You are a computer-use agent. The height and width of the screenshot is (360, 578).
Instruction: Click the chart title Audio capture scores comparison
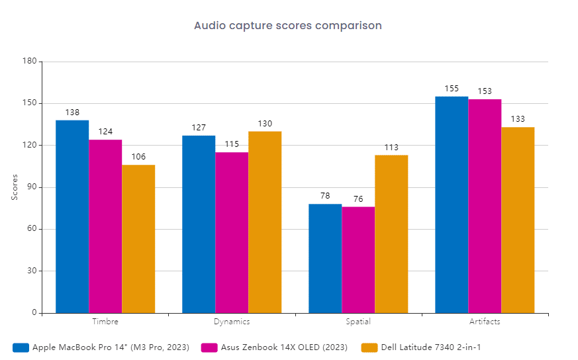287,26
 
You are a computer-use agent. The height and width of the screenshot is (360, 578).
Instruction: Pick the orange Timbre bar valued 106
138,239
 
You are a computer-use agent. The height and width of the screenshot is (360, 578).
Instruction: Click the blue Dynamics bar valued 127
199,224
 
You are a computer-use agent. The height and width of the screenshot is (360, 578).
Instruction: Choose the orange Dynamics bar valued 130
265,222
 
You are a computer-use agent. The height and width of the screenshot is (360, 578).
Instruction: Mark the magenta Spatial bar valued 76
358,260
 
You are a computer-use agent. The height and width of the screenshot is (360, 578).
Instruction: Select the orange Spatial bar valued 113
391,234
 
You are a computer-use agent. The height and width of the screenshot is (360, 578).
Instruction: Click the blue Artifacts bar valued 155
452,204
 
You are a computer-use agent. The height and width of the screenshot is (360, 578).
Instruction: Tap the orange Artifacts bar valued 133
518,220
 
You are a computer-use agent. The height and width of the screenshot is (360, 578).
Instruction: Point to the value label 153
485,91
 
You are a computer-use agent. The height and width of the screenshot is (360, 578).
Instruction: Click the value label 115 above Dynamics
232,144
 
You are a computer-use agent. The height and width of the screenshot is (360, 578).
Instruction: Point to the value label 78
325,196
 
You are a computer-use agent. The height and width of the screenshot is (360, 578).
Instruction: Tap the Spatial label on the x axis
358,322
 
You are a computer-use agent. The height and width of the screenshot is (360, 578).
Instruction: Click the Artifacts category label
485,322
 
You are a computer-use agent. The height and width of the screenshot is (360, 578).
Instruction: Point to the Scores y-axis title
15,187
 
